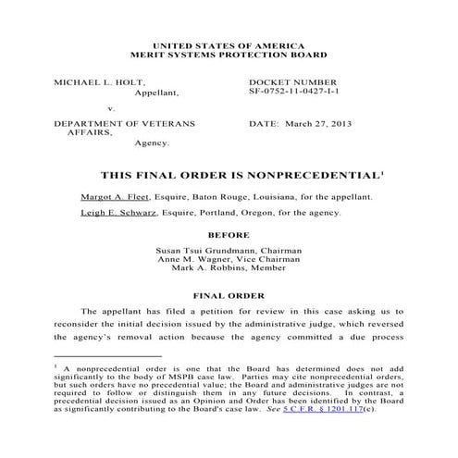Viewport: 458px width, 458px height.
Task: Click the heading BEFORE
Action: (x=229, y=235)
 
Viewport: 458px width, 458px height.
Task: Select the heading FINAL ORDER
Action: (x=229, y=296)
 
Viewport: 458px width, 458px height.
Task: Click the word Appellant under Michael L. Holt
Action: (x=157, y=93)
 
